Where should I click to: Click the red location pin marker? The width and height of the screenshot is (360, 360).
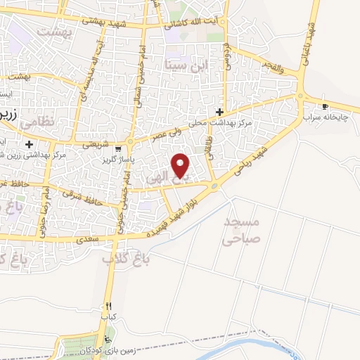click(181, 165)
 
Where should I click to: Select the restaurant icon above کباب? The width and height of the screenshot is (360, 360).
click(108, 306)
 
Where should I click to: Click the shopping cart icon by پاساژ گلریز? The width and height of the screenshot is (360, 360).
click(118, 148)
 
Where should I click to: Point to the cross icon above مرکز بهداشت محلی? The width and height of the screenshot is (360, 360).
click(219, 112)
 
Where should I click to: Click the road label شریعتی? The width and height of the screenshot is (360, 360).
click(96, 143)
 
